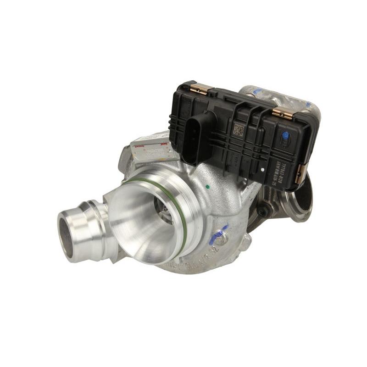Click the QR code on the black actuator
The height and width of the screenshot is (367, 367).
tap(239, 130)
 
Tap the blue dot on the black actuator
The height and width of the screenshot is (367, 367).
tap(286, 136)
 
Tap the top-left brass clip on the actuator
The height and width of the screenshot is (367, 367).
tap(200, 89)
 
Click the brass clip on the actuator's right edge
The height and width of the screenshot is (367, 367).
tap(300, 173)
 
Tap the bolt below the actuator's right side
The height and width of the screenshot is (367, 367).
tap(263, 211)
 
